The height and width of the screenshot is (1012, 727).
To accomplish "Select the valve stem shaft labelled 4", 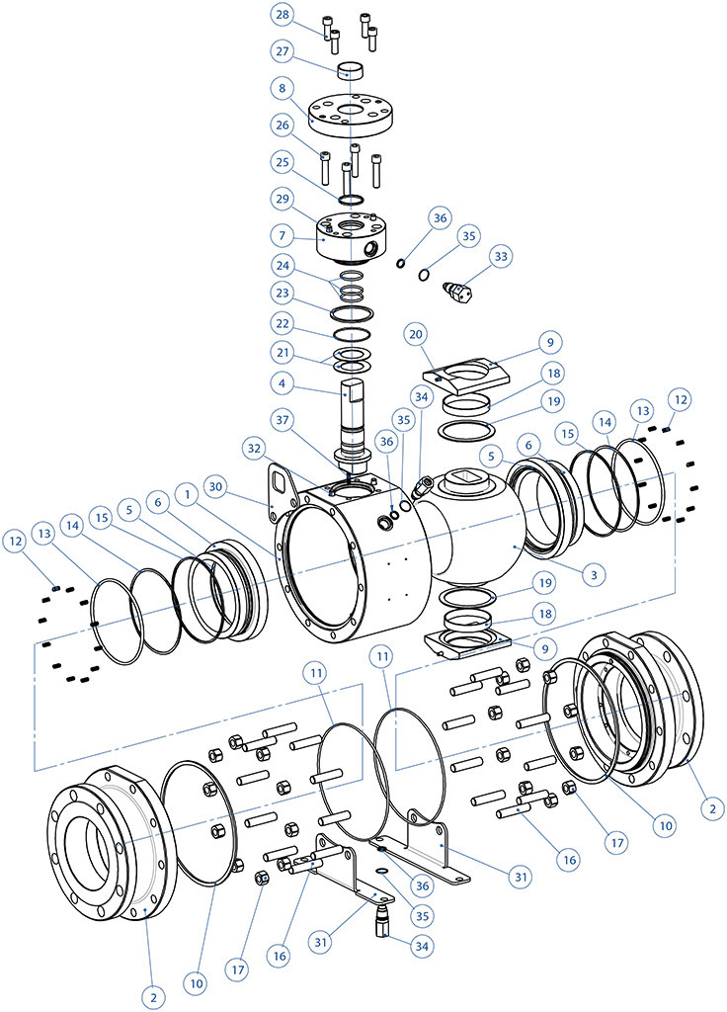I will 354,415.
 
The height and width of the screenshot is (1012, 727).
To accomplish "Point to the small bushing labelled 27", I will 352,70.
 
